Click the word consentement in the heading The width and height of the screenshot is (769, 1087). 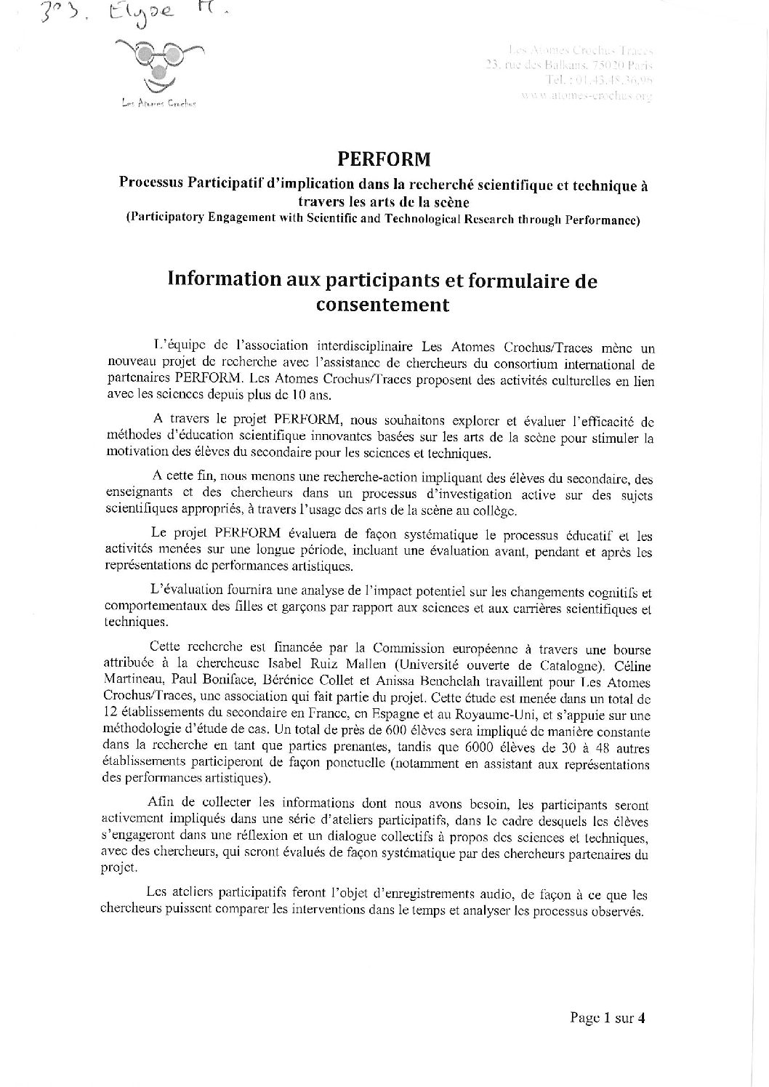pyautogui.click(x=382, y=305)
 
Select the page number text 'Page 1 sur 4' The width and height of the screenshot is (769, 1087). pyautogui.click(x=608, y=1017)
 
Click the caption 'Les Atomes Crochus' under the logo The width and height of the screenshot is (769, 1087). pyautogui.click(x=154, y=104)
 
